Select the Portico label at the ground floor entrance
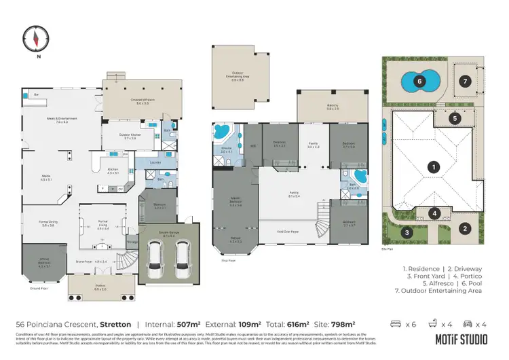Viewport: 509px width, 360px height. tap(100, 289)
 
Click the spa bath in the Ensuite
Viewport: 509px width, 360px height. tap(221, 132)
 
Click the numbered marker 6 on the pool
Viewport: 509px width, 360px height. tap(419, 82)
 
